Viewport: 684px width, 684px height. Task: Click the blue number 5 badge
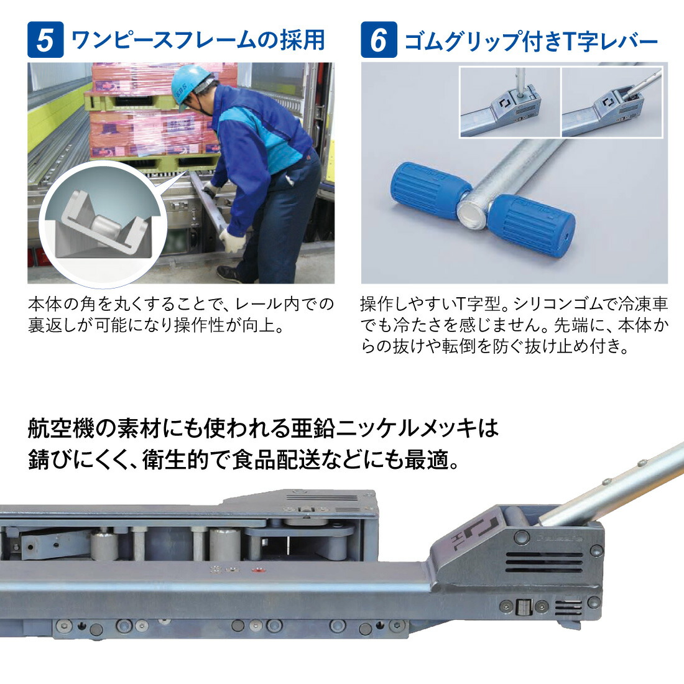click(45, 40)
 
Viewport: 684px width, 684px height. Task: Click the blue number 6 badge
click(379, 40)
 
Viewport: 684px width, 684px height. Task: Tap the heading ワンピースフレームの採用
click(198, 40)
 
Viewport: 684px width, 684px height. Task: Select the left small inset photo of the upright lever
click(510, 102)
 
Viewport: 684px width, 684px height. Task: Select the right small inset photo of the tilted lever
click(612, 102)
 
